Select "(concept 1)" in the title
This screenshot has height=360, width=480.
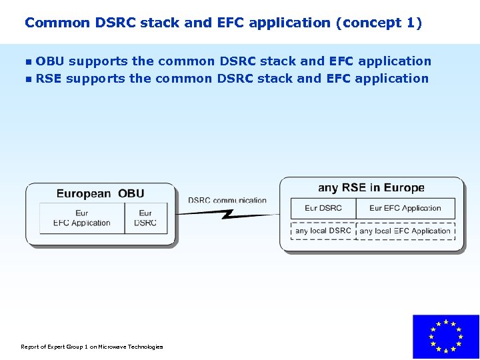[x=379, y=23]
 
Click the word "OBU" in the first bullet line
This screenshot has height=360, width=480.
[x=50, y=61]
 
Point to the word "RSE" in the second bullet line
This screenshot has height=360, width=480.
[x=49, y=79]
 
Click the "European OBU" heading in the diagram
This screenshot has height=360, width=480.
[x=100, y=194]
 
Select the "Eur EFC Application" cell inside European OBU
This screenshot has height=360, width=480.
[x=82, y=218]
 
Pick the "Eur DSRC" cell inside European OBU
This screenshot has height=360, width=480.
[x=145, y=218]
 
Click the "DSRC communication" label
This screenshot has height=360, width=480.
[x=227, y=200]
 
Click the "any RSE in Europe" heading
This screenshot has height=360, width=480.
[x=371, y=188]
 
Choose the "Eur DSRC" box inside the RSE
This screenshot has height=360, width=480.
[x=323, y=208]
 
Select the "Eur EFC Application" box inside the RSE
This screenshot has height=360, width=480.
[x=405, y=208]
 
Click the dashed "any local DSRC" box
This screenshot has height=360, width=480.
[x=323, y=231]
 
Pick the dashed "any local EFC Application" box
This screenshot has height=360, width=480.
[x=405, y=231]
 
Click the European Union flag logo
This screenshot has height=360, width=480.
[x=445, y=337]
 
